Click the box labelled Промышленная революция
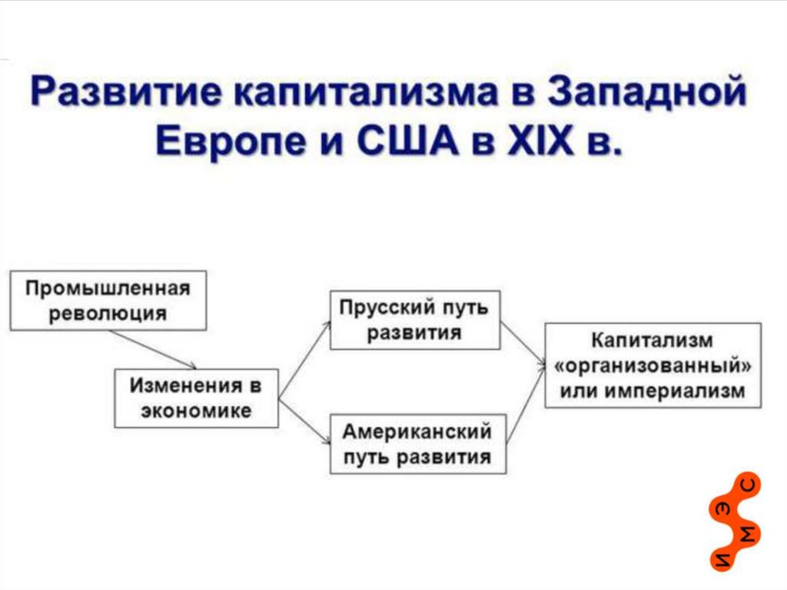click(108, 300)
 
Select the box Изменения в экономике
click(196, 398)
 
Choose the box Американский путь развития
click(417, 444)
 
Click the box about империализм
click(653, 365)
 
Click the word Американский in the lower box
click(417, 432)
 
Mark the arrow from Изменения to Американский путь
click(304, 419)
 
